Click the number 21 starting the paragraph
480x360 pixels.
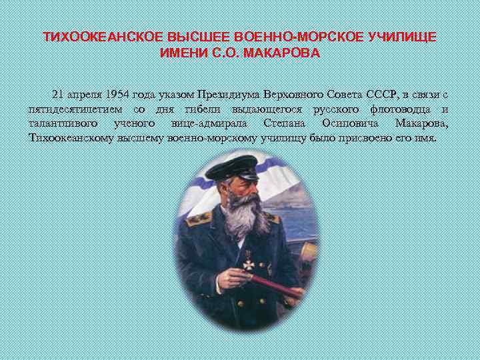58,93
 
